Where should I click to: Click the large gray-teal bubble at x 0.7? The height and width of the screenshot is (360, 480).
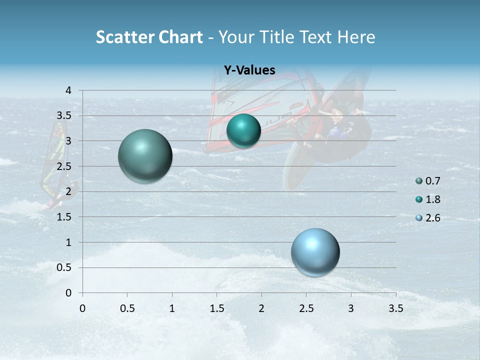click(145, 156)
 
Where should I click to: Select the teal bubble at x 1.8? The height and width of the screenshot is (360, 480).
click(243, 131)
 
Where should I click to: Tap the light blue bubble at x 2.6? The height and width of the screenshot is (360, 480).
click(315, 252)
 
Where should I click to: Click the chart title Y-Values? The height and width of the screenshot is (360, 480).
click(249, 70)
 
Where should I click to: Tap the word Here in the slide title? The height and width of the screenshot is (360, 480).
click(356, 37)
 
